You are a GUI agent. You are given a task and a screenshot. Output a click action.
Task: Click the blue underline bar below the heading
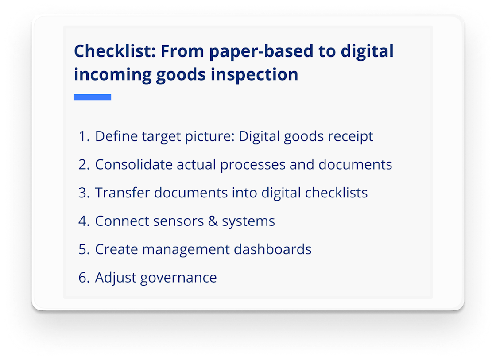tap(92, 97)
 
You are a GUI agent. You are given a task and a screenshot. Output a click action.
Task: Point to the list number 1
tap(83, 136)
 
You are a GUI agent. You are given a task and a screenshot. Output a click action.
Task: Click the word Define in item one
tap(116, 136)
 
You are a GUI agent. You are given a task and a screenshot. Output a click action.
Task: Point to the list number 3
tap(83, 193)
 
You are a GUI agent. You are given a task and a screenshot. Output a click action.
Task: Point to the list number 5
tap(83, 249)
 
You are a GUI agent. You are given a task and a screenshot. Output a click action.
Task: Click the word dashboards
tap(272, 249)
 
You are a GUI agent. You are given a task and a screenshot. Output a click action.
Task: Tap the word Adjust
tap(115, 278)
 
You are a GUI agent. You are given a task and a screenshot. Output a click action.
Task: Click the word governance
tap(178, 278)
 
